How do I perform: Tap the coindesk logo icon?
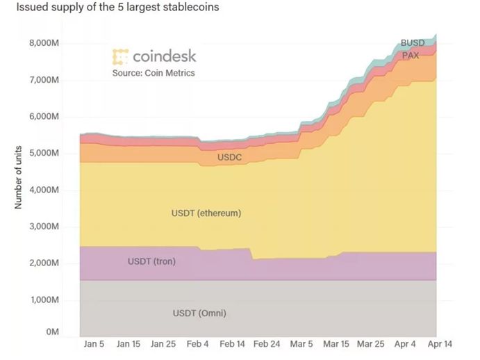point(120,57)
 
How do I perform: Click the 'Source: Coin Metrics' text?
point(154,72)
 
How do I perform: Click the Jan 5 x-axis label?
point(94,344)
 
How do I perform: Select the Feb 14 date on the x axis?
point(233,344)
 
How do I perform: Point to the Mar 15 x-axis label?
point(336,344)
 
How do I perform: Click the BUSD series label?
point(413,43)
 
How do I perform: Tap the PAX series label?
point(410,56)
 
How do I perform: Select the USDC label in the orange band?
point(229,158)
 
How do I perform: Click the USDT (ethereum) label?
point(206,213)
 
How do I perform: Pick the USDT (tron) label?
point(151,262)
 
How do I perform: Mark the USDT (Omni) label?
point(199,313)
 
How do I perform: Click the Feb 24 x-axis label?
point(267,344)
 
